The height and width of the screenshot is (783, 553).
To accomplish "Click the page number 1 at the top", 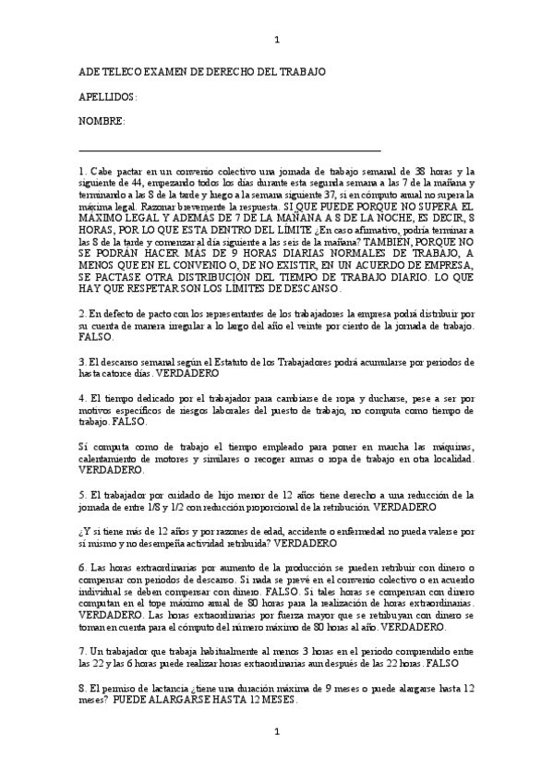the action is pos(277,39).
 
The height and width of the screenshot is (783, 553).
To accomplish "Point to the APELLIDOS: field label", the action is pos(108,97).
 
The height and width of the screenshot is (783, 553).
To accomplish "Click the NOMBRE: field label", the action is pos(102,121).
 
